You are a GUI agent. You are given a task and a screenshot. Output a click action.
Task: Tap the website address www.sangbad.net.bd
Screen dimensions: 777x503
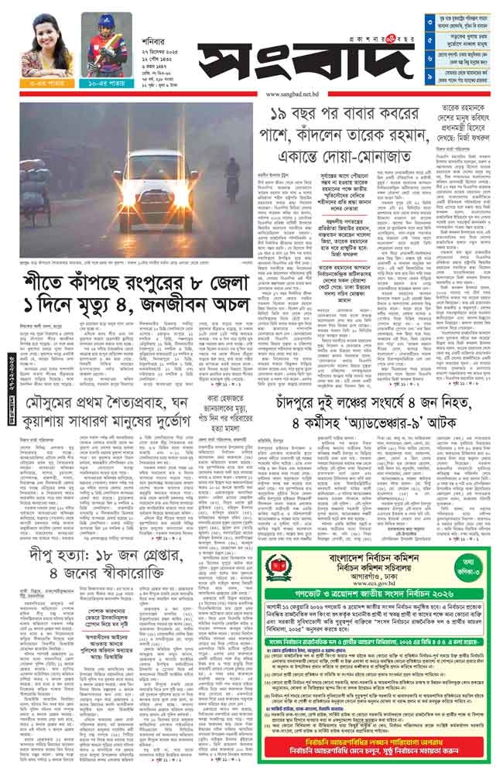coord(292,94)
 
